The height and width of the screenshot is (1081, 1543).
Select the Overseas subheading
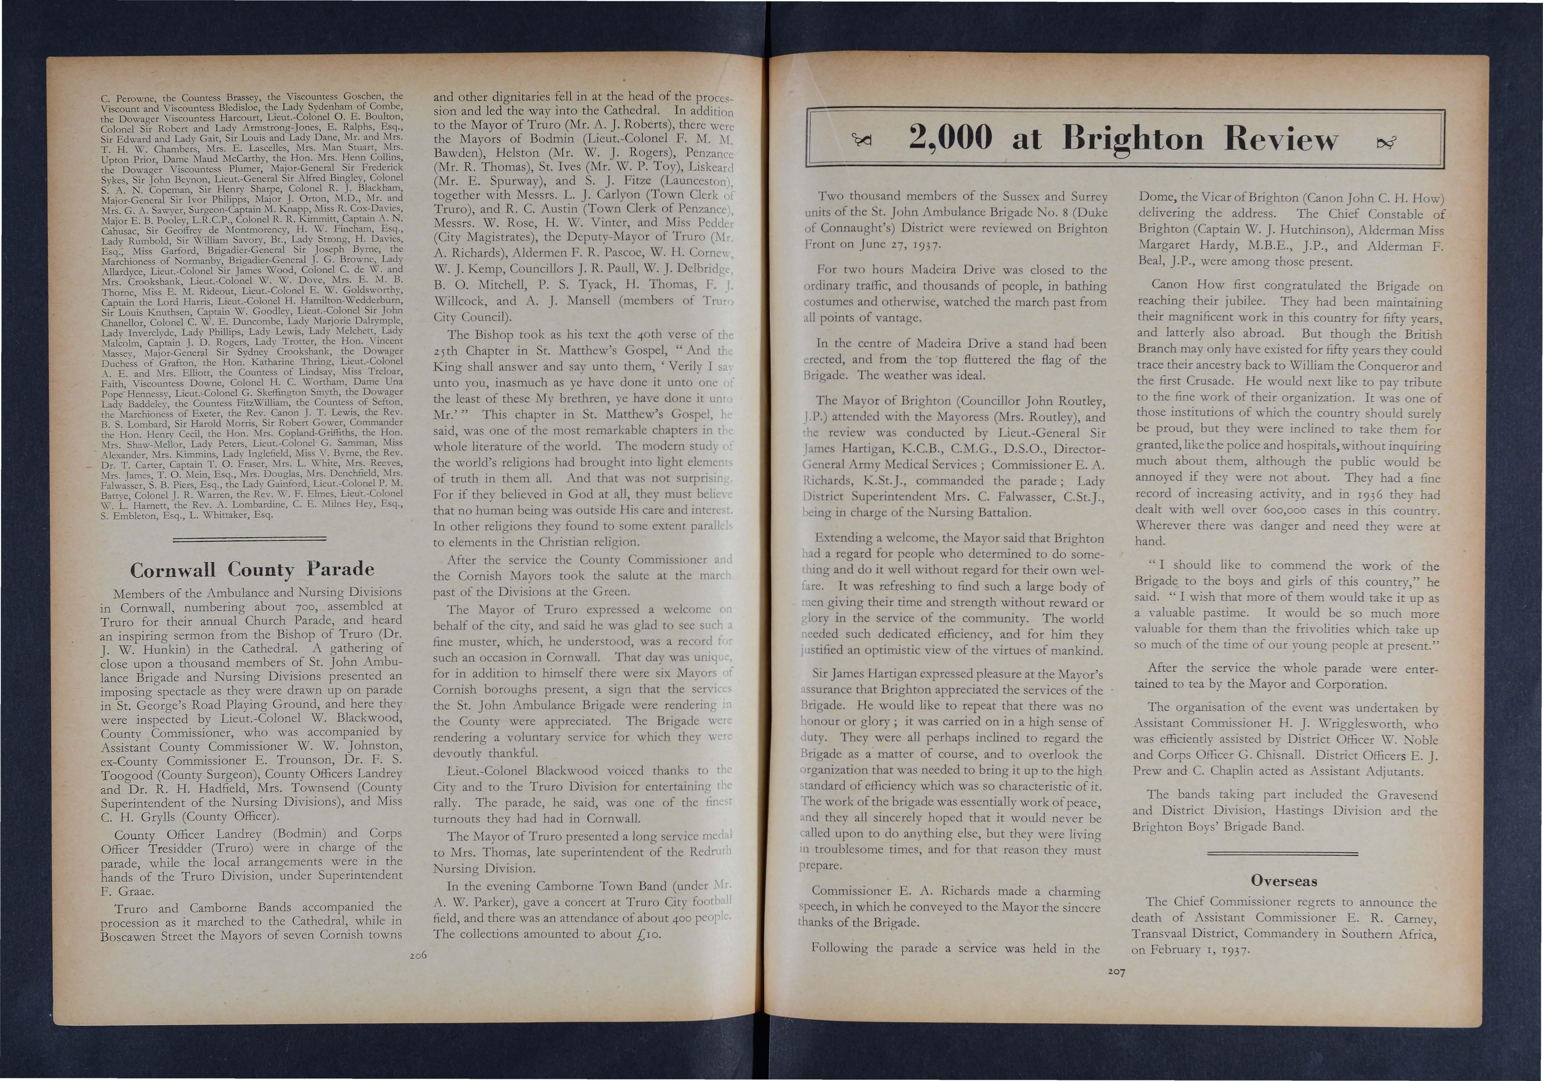(x=1284, y=881)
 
